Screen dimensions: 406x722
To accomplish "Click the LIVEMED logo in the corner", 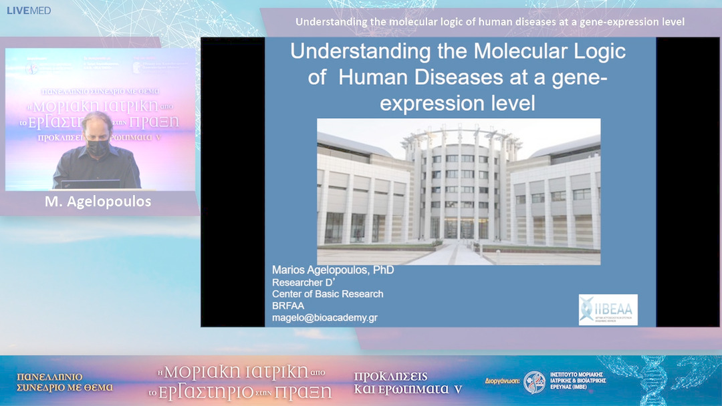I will point(29,11).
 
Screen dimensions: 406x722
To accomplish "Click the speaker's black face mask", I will point(98,148).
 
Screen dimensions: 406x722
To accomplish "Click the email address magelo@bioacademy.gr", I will point(324,317).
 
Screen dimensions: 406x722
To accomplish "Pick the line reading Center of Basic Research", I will point(328,294).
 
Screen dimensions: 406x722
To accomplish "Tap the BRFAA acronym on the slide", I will point(287,306).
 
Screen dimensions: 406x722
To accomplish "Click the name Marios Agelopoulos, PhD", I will point(332,270).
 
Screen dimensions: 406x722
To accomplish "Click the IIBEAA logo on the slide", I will point(608,310).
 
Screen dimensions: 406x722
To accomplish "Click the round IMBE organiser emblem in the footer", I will point(534,383).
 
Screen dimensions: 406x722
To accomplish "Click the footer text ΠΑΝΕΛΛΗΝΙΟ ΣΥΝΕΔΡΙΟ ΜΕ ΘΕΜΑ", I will point(65,381).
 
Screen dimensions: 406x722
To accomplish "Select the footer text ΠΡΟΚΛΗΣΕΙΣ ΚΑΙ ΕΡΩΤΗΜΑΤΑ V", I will point(408,382).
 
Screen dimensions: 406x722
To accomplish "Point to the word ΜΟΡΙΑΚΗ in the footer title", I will point(213,372).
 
